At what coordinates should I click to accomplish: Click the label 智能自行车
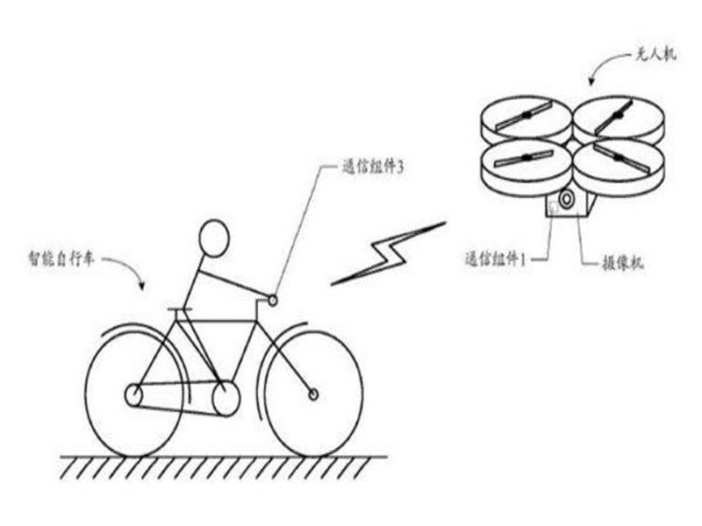61,258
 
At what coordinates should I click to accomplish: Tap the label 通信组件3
372,167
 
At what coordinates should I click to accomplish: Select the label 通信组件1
495,259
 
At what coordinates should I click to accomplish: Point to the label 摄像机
622,263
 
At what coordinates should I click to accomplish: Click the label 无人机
655,55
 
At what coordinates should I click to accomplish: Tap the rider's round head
214,238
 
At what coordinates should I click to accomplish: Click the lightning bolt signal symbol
389,253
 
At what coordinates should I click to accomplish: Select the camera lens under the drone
566,199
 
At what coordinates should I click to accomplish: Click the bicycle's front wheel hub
313,394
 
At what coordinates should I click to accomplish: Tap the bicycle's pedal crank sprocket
226,398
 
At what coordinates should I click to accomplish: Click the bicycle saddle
180,309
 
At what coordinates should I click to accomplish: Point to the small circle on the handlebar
273,300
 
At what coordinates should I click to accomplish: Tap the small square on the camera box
554,207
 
